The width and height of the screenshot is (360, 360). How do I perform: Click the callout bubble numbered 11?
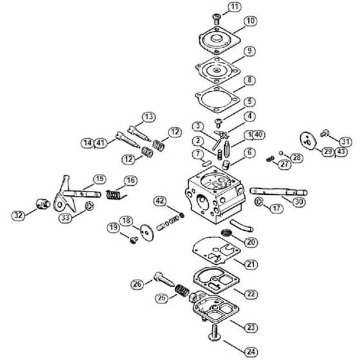coord(235,7)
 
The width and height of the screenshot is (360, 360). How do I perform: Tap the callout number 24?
coord(251,352)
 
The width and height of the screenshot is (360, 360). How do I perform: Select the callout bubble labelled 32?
coord(19,215)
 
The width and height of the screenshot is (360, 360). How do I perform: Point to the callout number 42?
coord(160,201)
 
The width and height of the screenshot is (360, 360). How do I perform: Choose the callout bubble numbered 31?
coord(346,141)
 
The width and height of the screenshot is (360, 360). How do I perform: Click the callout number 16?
coord(131,181)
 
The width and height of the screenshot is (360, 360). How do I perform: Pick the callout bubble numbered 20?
coord(251,242)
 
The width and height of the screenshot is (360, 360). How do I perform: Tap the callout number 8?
coord(249,80)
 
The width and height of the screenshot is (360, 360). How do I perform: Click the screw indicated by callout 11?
coord(216,19)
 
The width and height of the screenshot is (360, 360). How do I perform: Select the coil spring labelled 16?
coord(116,195)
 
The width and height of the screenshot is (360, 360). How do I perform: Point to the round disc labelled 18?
coord(147,232)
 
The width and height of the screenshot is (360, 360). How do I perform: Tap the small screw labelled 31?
coord(325,132)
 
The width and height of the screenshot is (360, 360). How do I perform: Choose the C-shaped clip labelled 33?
coord(89,206)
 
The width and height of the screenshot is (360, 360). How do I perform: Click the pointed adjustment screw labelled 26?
coord(164,279)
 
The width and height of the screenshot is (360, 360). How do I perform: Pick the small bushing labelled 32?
coord(43,204)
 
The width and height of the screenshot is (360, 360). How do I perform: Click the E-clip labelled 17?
coord(259,202)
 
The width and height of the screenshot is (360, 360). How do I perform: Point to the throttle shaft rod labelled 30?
coord(278,192)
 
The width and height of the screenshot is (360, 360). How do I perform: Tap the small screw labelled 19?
coord(134,240)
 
